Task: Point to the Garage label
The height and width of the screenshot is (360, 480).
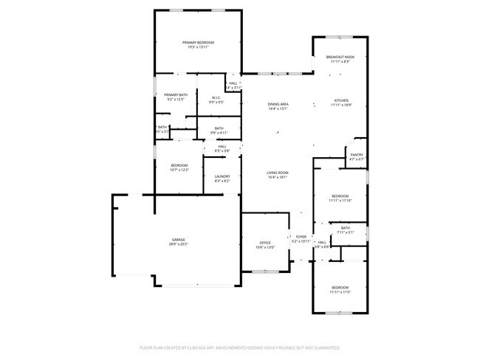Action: (179, 241)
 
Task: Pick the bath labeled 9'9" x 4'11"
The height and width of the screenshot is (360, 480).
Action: (219, 131)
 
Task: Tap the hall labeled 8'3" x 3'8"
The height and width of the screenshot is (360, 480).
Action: (222, 148)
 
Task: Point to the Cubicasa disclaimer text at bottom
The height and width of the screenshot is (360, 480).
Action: (239, 347)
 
